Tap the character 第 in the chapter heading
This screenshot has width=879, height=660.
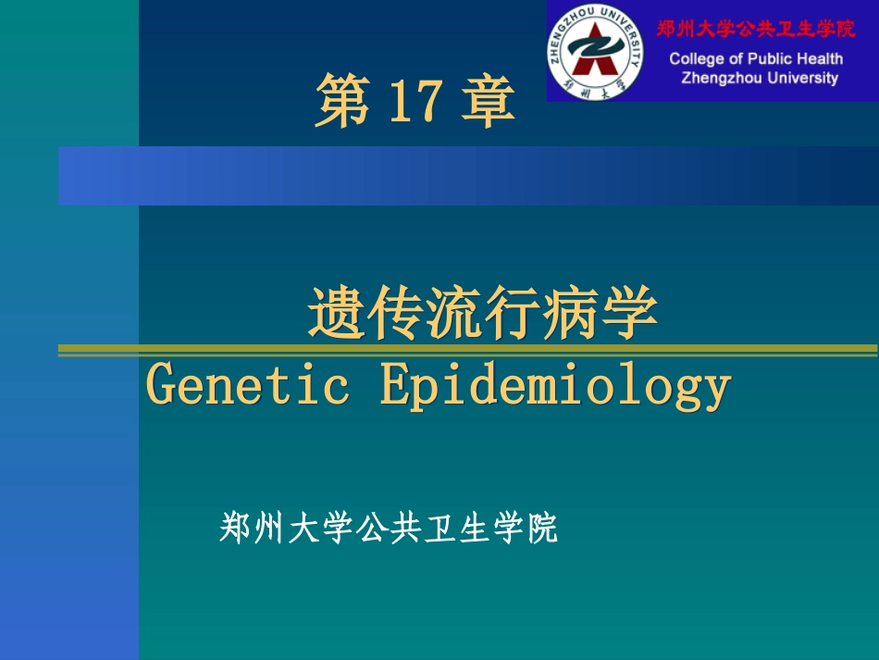(x=342, y=102)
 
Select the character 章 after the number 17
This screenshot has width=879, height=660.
(x=486, y=102)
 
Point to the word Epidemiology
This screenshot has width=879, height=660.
(x=555, y=387)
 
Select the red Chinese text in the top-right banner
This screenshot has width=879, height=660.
(x=756, y=29)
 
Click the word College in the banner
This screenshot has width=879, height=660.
(x=697, y=59)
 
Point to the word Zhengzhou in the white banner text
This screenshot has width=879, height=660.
(x=719, y=78)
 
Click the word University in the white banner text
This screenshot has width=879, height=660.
(x=801, y=78)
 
